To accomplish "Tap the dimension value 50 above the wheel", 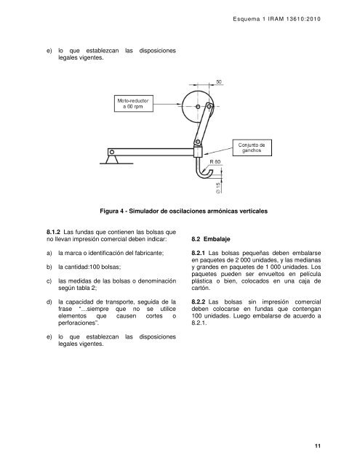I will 219,82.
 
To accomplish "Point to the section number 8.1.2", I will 55,230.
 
